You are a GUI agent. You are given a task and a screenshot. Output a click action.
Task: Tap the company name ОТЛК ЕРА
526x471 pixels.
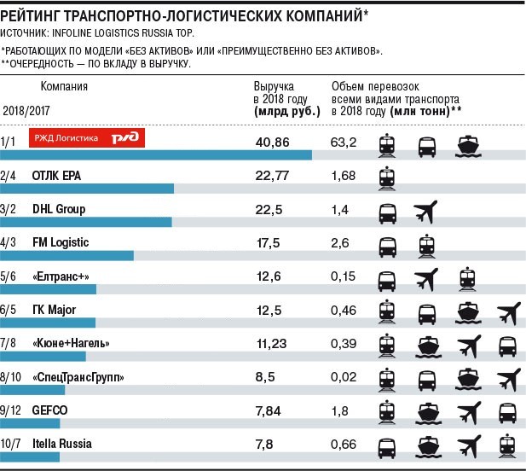click(x=61, y=174)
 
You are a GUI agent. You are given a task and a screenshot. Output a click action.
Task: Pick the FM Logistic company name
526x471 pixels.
click(x=61, y=243)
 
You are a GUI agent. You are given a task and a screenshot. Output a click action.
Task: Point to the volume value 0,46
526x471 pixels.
click(x=344, y=310)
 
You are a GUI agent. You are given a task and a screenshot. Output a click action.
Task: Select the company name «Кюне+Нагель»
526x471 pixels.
click(x=72, y=344)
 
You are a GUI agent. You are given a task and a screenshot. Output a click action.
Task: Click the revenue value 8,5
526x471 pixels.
click(x=267, y=377)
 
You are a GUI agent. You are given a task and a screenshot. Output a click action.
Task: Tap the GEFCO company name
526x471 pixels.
click(x=49, y=410)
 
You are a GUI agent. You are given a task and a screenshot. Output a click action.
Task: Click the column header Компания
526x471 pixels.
click(x=63, y=86)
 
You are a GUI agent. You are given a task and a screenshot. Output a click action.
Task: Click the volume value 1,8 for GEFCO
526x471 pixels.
click(x=339, y=410)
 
